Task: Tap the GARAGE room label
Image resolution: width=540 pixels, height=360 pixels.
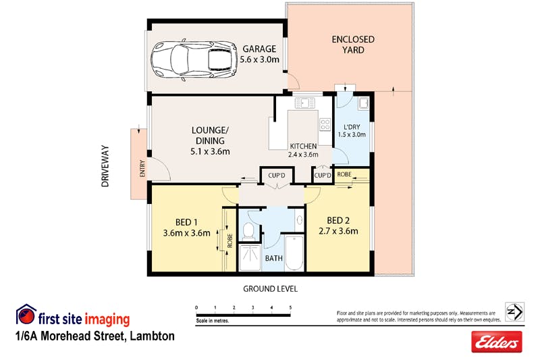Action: point(259,49)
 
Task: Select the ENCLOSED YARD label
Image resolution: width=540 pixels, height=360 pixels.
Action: point(353,45)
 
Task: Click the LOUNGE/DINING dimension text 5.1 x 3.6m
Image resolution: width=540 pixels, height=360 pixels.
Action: point(210,151)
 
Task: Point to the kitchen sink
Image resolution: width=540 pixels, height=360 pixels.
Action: point(305,103)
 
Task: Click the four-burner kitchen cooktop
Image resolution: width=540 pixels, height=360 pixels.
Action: point(325,124)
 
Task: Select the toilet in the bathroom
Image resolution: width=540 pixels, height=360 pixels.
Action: point(248,231)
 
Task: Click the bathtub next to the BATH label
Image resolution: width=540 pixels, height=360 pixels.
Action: point(294,253)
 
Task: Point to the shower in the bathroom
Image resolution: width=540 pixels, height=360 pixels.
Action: point(250,258)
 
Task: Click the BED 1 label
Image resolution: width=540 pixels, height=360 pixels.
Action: point(186,222)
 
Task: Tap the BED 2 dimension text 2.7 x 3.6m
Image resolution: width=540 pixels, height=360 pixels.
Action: point(338,231)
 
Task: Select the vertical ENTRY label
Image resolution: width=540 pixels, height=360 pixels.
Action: point(142,168)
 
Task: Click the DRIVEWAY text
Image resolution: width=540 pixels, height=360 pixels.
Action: point(105,166)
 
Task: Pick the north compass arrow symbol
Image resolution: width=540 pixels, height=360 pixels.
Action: point(514,312)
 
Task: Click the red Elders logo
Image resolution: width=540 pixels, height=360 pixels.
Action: point(497,342)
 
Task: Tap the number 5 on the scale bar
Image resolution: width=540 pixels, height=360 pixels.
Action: point(290,307)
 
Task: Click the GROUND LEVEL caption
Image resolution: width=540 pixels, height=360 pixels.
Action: point(271,288)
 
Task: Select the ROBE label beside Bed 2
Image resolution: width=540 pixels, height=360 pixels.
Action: point(344,174)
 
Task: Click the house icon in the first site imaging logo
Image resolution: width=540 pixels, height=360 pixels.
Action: point(26,314)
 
